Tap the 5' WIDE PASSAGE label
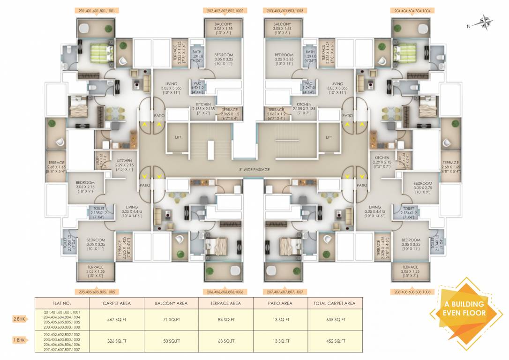pyautogui.click(x=254, y=169)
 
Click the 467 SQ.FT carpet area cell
pyautogui.click(x=116, y=320)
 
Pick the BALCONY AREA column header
pyautogui.click(x=171, y=303)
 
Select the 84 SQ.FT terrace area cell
pyautogui.click(x=226, y=320)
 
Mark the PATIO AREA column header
pyautogui.click(x=280, y=303)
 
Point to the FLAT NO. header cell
pyautogui.click(x=62, y=303)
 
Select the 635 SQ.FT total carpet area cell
pyautogui.click(x=336, y=320)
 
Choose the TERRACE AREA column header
pyautogui.click(x=226, y=303)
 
